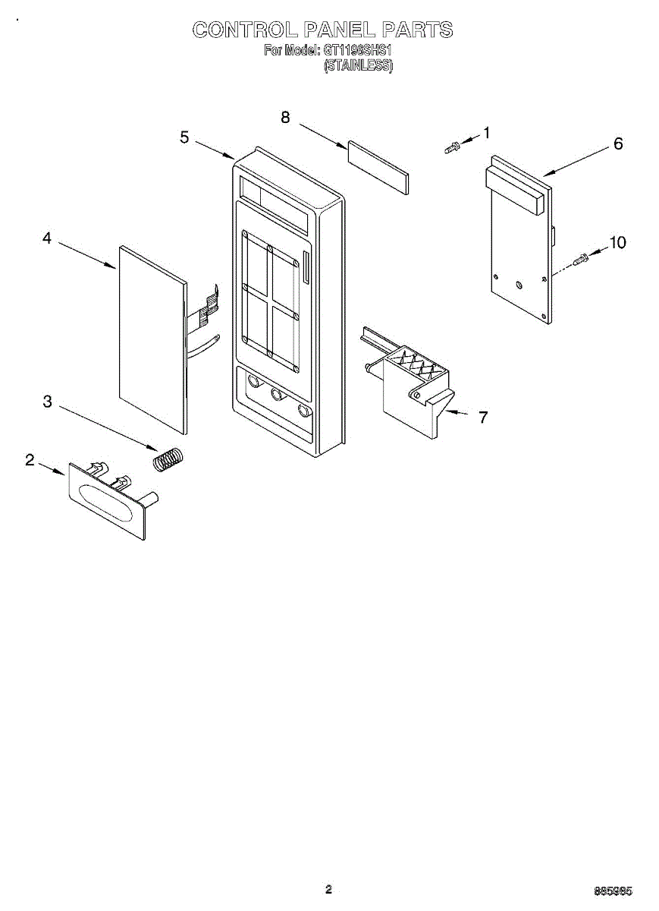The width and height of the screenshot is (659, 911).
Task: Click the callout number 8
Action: coord(285,117)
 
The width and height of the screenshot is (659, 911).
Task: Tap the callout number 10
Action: coord(618,242)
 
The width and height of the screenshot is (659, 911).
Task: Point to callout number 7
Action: coord(482,417)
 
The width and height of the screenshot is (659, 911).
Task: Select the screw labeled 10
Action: coord(582,260)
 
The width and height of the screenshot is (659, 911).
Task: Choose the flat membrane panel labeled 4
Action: coord(152,342)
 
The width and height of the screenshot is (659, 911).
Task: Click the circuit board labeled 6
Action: coord(519,243)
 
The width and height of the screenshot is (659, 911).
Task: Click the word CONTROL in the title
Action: coord(244,30)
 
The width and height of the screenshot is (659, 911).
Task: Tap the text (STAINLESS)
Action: coord(358,66)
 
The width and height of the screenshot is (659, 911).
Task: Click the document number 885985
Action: coord(613,891)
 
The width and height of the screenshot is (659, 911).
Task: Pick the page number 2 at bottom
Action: coord(328,890)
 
